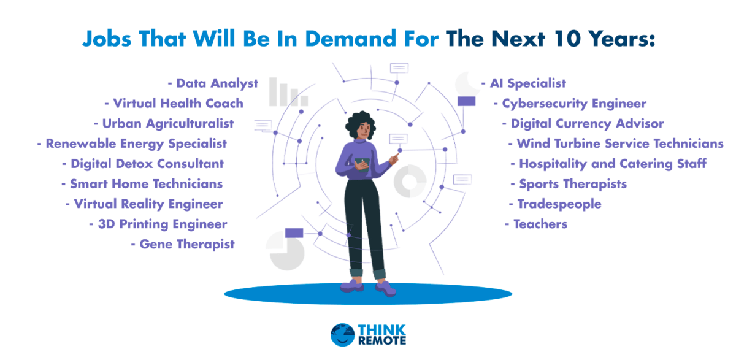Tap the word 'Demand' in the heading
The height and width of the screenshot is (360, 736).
click(x=351, y=39)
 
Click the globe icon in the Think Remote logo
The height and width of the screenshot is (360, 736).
click(x=342, y=335)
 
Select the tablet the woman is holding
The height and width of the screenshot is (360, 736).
click(x=362, y=164)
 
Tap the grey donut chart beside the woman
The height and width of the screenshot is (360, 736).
click(x=410, y=181)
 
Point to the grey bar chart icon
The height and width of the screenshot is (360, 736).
click(x=288, y=92)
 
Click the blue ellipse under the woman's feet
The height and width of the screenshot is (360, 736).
click(x=368, y=294)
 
